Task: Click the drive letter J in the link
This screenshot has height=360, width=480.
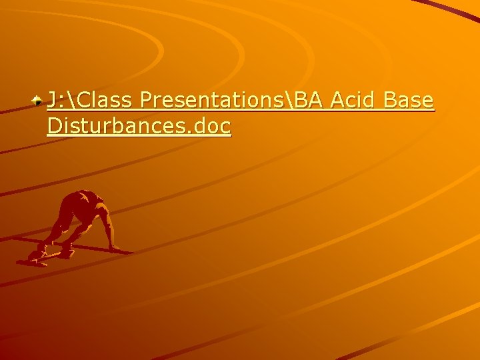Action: coord(51,101)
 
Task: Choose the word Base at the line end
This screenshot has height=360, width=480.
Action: coord(410,101)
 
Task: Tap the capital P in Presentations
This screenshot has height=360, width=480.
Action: coord(147,101)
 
